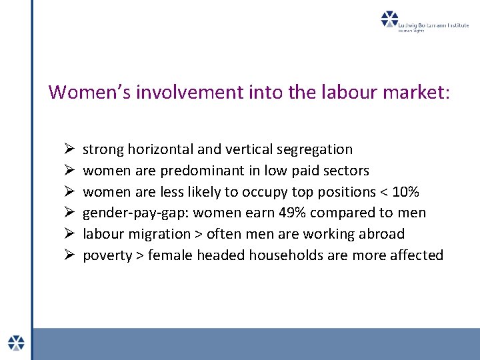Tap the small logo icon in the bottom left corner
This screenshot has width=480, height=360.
16,342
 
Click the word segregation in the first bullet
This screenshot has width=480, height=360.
316,149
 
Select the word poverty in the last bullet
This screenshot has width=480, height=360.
107,255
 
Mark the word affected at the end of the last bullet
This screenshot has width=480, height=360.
416,255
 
